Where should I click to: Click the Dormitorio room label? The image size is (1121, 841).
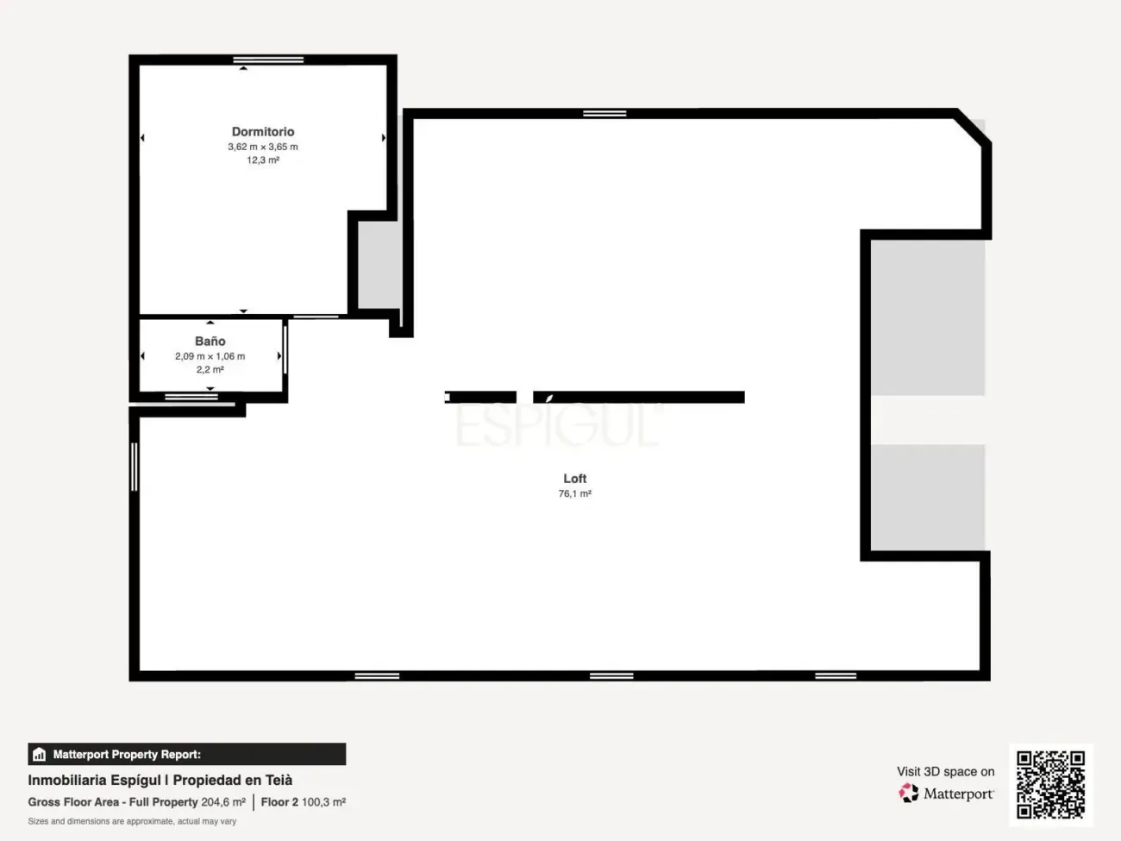point(263,132)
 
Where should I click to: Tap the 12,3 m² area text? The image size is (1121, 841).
point(263,160)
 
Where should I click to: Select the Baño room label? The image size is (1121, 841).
point(210,342)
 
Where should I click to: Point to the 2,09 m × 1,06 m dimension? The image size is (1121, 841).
point(210,356)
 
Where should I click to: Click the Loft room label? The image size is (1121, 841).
point(575,479)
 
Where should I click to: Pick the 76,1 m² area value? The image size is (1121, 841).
point(575,494)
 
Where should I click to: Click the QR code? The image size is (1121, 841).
point(1050,784)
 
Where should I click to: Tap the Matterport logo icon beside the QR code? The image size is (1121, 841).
point(909,793)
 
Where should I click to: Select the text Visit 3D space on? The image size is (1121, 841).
point(945,771)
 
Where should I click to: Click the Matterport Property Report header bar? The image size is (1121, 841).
point(187,754)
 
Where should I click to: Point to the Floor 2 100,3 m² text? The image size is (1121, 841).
point(304,802)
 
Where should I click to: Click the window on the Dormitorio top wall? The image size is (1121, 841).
point(268,60)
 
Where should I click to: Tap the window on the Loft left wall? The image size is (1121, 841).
point(135,467)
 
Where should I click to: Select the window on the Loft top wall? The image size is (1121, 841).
point(604,113)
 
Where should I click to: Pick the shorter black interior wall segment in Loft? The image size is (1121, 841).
point(480,397)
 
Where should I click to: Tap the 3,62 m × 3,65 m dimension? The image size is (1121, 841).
point(263,147)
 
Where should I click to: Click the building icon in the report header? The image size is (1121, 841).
point(39,755)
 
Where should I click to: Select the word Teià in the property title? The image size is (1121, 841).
point(279,780)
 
